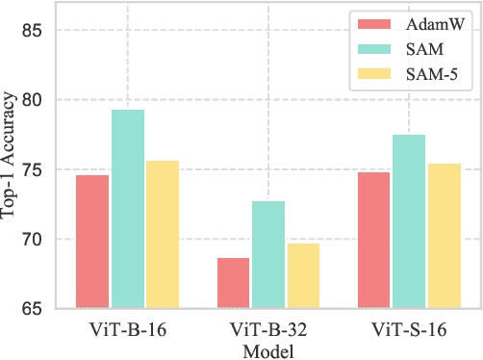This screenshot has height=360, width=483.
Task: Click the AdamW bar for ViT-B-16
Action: pyautogui.click(x=92, y=242)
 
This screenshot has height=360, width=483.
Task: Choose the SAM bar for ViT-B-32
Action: pyautogui.click(x=267, y=255)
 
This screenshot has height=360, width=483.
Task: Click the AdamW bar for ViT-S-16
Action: pyautogui.click(x=373, y=241)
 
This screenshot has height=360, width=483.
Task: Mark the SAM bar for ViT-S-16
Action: pyautogui.click(x=408, y=221)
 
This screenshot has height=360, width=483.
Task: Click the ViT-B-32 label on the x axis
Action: pyautogui.click(x=267, y=329)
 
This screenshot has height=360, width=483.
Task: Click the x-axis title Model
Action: pyautogui.click(x=268, y=350)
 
